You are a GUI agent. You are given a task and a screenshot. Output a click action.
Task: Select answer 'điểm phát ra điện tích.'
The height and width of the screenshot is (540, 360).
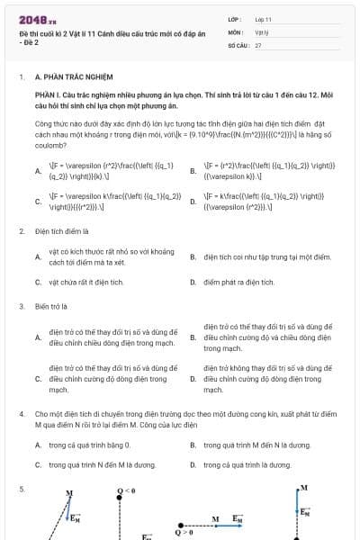238,282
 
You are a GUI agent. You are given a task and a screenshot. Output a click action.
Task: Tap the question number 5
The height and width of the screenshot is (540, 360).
21,489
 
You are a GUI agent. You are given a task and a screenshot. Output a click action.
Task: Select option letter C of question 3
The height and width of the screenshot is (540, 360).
38,379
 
